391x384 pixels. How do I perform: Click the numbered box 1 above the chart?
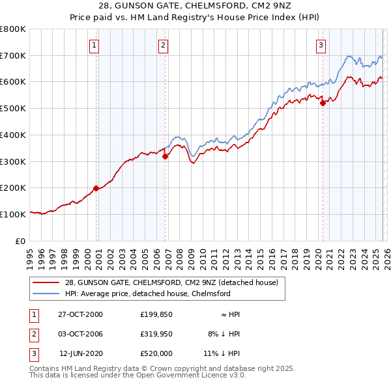tap(95, 45)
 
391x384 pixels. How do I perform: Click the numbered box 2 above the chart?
tap(163, 45)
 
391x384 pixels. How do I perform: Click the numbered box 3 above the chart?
tap(321, 45)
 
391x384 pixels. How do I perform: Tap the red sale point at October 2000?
tap(96, 188)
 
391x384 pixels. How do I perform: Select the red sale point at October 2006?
tap(165, 156)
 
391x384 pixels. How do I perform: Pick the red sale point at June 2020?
tap(323, 103)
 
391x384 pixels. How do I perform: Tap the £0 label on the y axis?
tap(20, 241)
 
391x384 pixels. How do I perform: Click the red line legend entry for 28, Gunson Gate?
tap(171, 282)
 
